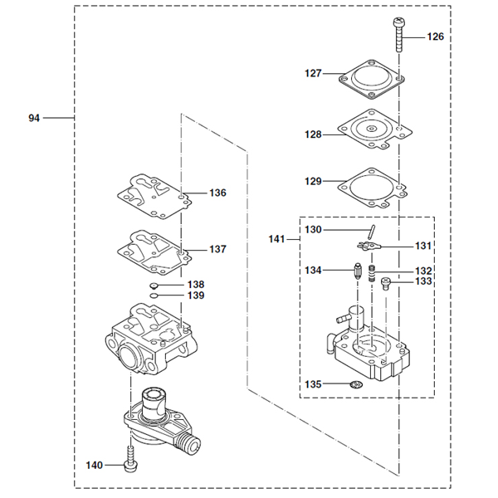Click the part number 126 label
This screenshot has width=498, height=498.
pyautogui.click(x=436, y=37)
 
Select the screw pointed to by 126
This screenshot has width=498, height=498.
pyautogui.click(x=398, y=33)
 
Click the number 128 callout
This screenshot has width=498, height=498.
pyautogui.click(x=312, y=134)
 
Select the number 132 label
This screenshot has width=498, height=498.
pyautogui.click(x=423, y=271)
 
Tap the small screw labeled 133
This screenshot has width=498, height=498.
pyautogui.click(x=386, y=285)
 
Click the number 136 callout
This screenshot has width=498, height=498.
pyautogui.click(x=217, y=193)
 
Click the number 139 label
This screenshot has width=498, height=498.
pyautogui.click(x=196, y=295)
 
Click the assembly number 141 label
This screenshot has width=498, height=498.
pyautogui.click(x=277, y=239)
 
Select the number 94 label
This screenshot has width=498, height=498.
pyautogui.click(x=34, y=119)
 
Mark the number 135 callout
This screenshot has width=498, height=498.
pyautogui.click(x=312, y=384)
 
